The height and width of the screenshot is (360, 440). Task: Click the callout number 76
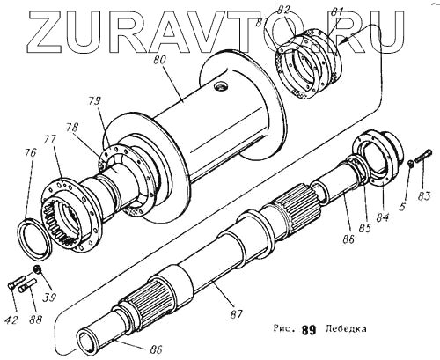tap(30, 153)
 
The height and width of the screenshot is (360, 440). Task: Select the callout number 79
tap(94, 101)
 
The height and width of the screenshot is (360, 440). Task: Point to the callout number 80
tap(159, 60)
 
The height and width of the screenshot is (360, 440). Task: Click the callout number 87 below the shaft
tap(236, 314)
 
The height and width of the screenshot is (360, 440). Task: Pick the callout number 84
tap(383, 217)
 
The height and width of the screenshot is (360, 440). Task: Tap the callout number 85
tap(365, 228)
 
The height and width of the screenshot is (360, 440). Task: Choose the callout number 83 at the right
tap(424, 195)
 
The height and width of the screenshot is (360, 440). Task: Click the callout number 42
tap(12, 320)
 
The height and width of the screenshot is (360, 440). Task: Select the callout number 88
tap(35, 319)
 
